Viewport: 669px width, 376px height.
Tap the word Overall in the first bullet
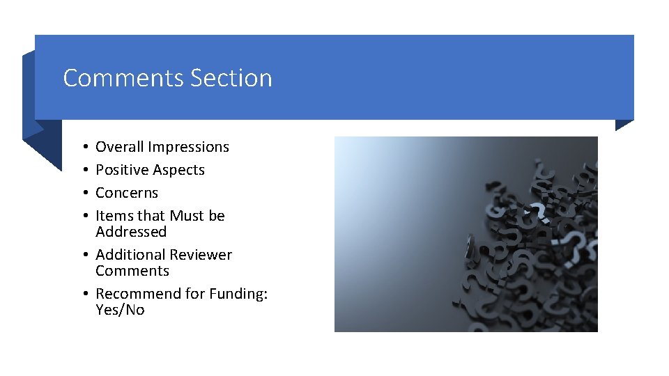[x=119, y=147]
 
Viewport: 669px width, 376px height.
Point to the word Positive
[x=121, y=170]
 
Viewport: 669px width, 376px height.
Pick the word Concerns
[x=127, y=193]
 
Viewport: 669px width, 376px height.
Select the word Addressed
[x=131, y=232]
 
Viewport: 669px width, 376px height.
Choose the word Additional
[x=128, y=255]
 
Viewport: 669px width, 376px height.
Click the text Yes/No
[x=120, y=310]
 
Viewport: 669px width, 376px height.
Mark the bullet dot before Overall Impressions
[x=83, y=148]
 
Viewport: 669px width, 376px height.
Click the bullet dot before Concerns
[x=83, y=194]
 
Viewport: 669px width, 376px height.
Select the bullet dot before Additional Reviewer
[x=83, y=256]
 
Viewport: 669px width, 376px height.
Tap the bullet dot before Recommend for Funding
[x=83, y=295]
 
